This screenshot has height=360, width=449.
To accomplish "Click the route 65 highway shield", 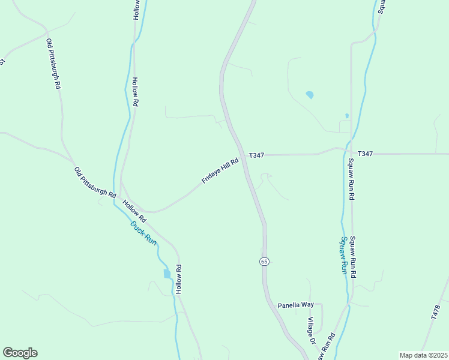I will pyautogui.click(x=264, y=261).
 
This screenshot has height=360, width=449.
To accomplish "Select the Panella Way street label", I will pyautogui.click(x=295, y=305).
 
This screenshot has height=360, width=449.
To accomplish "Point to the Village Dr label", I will pyautogui.click(x=312, y=331).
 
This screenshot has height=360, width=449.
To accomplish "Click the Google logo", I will pyautogui.click(x=20, y=353).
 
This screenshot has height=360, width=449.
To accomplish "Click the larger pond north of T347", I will pyautogui.click(x=310, y=95).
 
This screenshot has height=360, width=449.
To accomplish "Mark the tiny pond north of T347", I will pyautogui.click(x=347, y=116).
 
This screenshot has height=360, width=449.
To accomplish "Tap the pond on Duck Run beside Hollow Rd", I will pyautogui.click(x=167, y=274).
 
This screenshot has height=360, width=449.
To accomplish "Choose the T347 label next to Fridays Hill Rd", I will pyautogui.click(x=256, y=155).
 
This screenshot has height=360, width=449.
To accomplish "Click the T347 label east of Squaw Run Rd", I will pyautogui.click(x=365, y=154).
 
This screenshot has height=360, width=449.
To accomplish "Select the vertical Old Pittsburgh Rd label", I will pyautogui.click(x=53, y=64).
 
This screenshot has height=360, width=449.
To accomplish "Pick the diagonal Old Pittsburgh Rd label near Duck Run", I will pyautogui.click(x=95, y=182).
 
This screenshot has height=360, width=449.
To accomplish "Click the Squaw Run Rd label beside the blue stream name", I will pyautogui.click(x=354, y=256).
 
